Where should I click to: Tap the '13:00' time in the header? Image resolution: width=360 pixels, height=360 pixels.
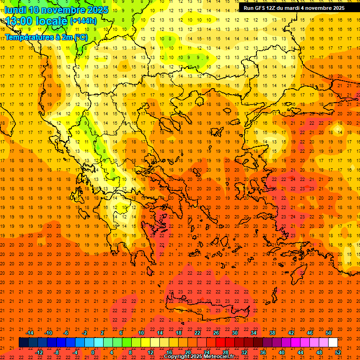17,21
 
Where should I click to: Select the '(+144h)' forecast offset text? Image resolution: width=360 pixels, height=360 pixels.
83,21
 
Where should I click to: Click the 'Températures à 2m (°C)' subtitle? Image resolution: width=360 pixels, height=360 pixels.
46,37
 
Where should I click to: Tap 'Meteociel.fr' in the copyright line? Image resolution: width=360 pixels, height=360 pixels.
219,357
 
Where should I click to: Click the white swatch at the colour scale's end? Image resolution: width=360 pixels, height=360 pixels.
333,343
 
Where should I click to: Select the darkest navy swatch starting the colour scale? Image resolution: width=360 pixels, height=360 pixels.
23,343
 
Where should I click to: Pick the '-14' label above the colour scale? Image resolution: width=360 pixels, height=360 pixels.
30,333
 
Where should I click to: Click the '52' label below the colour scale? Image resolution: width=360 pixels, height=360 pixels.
338,352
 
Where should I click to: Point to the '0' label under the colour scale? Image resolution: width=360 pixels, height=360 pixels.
93,352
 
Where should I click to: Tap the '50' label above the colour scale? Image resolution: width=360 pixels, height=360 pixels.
328,333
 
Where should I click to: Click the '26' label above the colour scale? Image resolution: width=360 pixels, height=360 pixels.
216,333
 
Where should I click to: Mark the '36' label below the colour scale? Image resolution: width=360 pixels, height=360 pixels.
263,352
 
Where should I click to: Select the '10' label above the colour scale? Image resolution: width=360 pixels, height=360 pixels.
141,333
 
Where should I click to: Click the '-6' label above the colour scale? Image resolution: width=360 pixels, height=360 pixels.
66,333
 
